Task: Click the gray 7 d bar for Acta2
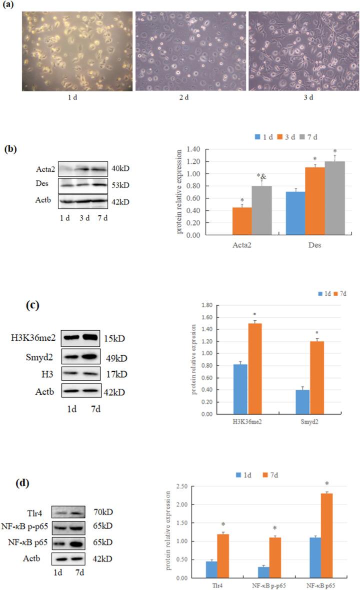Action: [261, 210]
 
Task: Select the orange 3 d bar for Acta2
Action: [242, 221]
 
